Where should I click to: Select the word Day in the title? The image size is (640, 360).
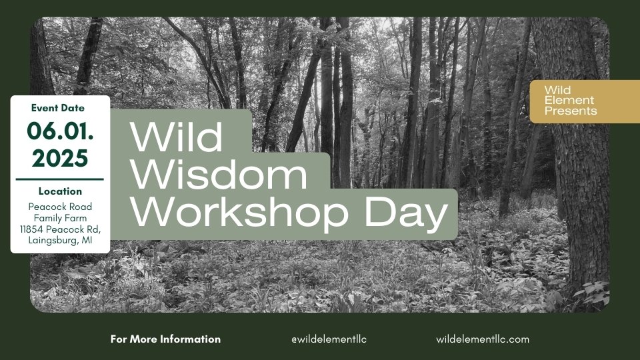(x=407, y=213)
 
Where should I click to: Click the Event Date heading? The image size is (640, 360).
(x=58, y=108)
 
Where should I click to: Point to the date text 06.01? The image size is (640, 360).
(x=60, y=131)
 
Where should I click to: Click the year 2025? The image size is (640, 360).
(x=60, y=158)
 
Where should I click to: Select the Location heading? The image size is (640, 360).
(x=60, y=191)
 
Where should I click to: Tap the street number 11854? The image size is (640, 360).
(x=32, y=229)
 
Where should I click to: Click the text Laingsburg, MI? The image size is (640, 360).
(x=60, y=241)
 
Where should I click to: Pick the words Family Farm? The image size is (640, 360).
(x=60, y=218)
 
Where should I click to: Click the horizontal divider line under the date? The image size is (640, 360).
(x=59, y=179)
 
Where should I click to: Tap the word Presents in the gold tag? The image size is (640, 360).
(x=570, y=111)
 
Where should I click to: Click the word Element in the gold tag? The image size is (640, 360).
(x=569, y=100)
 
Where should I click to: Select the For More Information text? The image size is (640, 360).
(x=165, y=339)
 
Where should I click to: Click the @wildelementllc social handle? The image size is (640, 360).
(x=329, y=339)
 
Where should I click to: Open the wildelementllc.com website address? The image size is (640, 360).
(x=483, y=339)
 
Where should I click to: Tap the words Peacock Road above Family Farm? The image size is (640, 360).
(x=60, y=207)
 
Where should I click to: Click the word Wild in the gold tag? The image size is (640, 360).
(x=557, y=90)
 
